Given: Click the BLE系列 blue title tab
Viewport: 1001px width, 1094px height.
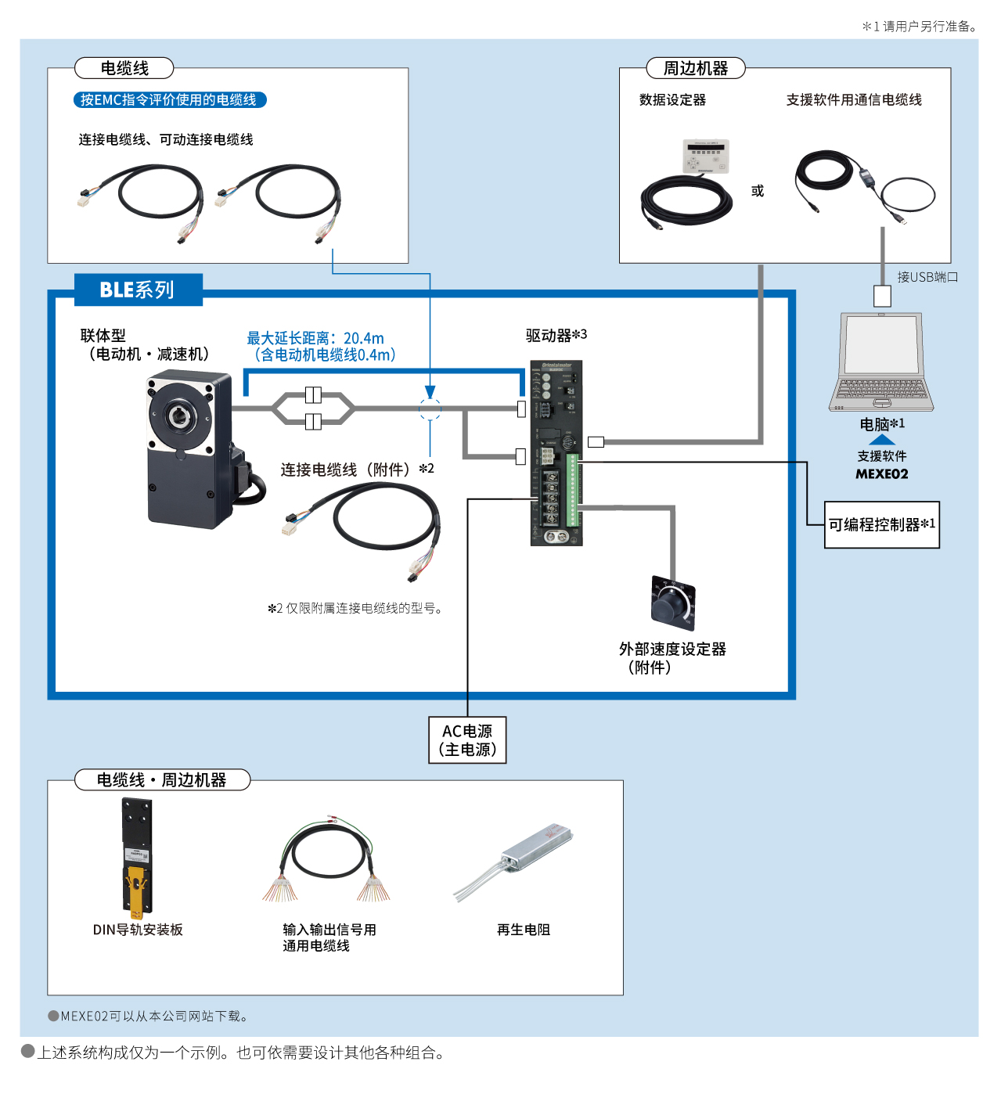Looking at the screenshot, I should pyautogui.click(x=138, y=290).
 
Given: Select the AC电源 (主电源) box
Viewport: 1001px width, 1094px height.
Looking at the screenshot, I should pyautogui.click(x=467, y=740).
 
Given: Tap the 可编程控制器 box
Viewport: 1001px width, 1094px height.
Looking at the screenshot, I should pyautogui.click(x=881, y=525).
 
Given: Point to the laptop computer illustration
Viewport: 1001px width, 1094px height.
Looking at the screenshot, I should pyautogui.click(x=881, y=362).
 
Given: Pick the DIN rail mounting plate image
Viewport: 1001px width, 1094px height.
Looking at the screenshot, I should pyautogui.click(x=137, y=858).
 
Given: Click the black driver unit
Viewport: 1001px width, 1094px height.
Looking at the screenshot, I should pyautogui.click(x=556, y=454).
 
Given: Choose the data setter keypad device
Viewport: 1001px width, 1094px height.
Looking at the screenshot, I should pyautogui.click(x=706, y=156).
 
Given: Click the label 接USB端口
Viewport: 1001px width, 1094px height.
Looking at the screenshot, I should pyautogui.click(x=927, y=277).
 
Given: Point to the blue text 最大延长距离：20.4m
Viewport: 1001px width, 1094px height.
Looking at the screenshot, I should pyautogui.click(x=315, y=338).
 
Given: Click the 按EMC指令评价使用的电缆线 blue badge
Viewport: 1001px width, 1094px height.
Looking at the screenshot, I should pyautogui.click(x=169, y=100).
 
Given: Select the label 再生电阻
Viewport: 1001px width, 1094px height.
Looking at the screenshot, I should pyautogui.click(x=524, y=930).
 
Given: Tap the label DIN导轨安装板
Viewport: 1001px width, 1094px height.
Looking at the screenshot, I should pyautogui.click(x=138, y=930).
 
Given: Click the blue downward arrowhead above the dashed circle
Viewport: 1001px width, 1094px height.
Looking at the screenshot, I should pyautogui.click(x=430, y=392).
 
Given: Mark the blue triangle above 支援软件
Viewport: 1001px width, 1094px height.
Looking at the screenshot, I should pyautogui.click(x=882, y=440).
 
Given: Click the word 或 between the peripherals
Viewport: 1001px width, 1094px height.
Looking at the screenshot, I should pyautogui.click(x=758, y=191).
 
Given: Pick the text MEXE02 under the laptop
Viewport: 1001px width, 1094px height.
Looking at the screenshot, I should pyautogui.click(x=882, y=474).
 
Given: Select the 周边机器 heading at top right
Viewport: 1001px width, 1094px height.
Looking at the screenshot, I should pyautogui.click(x=696, y=69).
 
